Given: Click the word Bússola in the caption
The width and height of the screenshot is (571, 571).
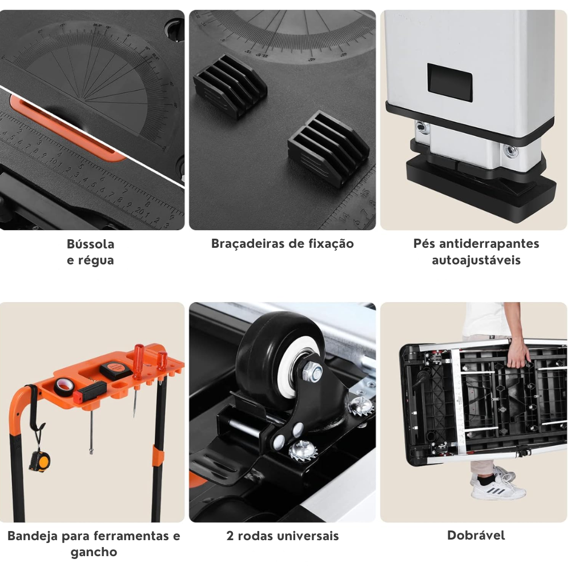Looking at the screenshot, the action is coord(90,244).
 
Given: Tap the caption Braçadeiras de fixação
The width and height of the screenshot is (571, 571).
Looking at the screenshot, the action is coord(282,243).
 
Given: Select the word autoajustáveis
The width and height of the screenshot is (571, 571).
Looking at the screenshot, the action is coord(476,260).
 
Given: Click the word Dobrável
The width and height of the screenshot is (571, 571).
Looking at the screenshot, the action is coord(476,536).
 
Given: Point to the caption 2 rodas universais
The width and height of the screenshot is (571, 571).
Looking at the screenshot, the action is coord(282,536).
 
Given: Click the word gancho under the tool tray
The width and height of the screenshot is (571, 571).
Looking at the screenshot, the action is coord(94,552).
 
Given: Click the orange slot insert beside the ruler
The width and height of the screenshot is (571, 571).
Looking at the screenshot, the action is coord(67,128).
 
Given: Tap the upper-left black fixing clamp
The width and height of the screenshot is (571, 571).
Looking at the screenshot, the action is coord(230,86).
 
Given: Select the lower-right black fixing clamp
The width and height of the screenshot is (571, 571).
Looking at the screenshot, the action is coord(328,148).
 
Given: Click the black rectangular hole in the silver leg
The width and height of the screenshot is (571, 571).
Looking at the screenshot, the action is coord(450,82).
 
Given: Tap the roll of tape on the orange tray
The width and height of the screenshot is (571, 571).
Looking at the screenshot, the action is coord(64,387).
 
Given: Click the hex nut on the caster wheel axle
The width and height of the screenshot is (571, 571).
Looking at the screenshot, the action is coord(313,372).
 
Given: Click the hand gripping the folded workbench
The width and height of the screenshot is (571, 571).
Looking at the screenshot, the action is coord(517,352).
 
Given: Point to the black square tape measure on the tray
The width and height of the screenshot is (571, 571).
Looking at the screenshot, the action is coord(116,370).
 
